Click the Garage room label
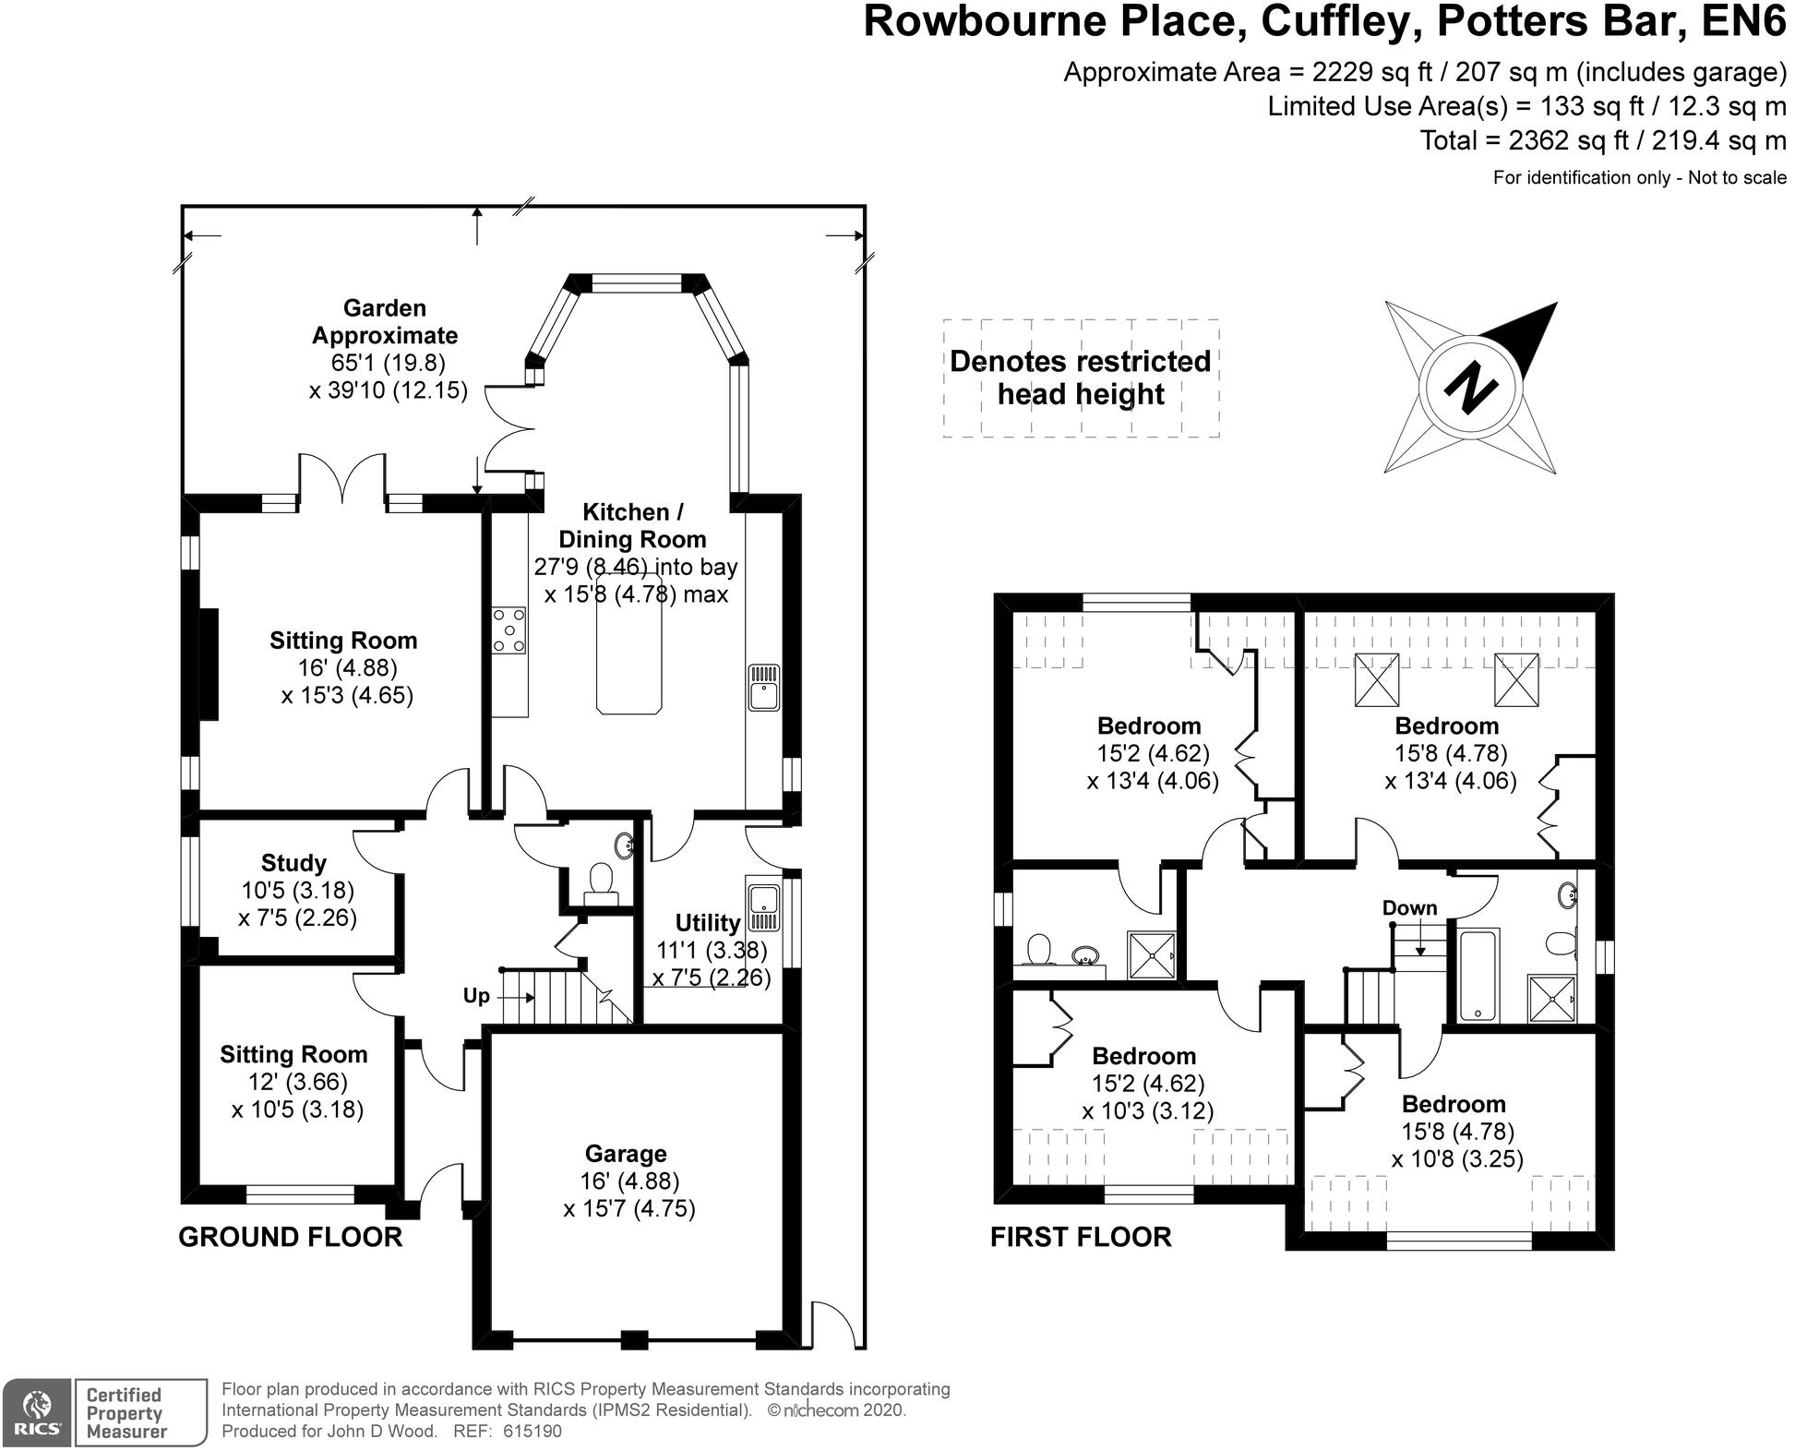[x=626, y=1154]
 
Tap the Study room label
[x=293, y=863]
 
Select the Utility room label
[x=707, y=923]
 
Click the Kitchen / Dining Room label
[x=632, y=525]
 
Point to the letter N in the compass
[x=1468, y=389]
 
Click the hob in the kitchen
[x=509, y=630]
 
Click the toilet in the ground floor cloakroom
[x=601, y=880]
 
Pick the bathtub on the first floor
[x=1478, y=974]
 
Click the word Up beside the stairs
[x=476, y=996]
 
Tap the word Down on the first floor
[x=1409, y=908]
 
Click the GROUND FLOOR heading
[x=290, y=1237]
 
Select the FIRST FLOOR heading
[x=1081, y=1237]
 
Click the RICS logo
[x=36, y=1412]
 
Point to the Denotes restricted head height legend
[x=1081, y=378]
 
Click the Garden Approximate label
[x=385, y=321]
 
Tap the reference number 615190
[x=532, y=1432]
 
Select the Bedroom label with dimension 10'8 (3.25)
[x=1454, y=1104]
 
